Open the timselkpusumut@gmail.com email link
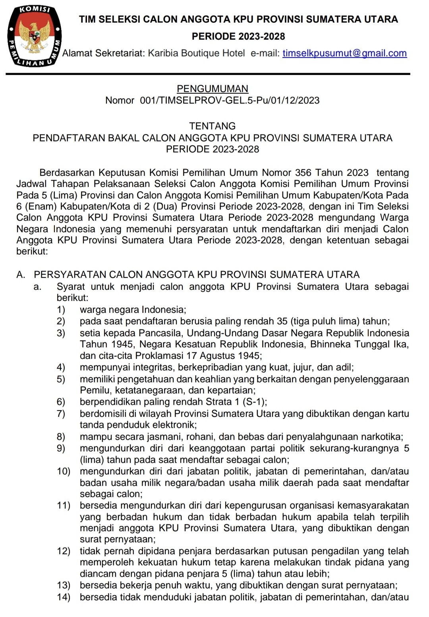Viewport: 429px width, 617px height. (x=344, y=53)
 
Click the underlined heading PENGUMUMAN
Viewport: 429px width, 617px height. (x=213, y=89)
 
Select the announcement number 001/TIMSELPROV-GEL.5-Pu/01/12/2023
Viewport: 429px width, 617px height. (x=230, y=100)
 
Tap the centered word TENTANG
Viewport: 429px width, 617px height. (x=213, y=126)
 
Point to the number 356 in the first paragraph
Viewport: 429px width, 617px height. (x=304, y=173)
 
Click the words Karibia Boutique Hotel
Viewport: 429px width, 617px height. (x=196, y=53)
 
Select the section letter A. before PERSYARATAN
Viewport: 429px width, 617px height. (x=21, y=274)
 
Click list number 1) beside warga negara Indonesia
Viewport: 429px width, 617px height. (x=61, y=310)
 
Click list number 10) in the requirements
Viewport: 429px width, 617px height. (x=63, y=471)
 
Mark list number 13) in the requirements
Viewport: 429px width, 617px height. (x=63, y=585)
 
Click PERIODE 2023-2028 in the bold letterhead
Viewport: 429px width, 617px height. (x=238, y=37)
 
